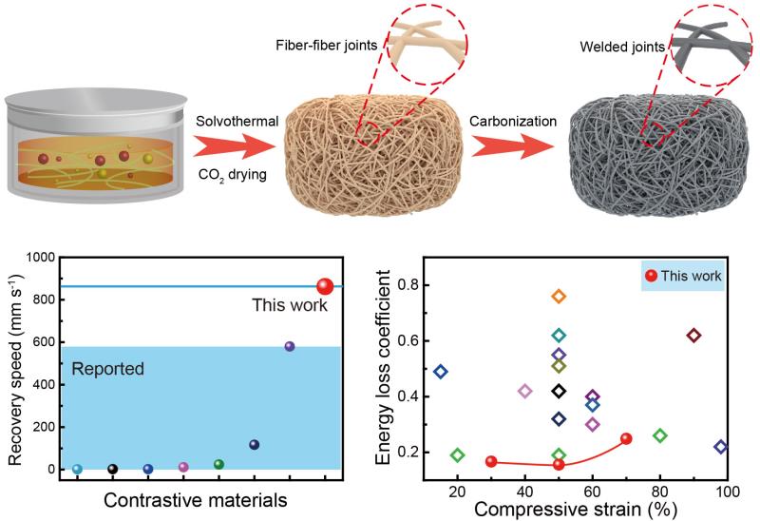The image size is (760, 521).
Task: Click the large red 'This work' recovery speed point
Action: (324, 286)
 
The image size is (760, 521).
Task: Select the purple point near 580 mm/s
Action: (290, 346)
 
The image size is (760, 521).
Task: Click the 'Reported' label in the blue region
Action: (107, 368)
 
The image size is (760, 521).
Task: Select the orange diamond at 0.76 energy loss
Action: (559, 296)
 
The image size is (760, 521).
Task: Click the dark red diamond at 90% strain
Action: (693, 336)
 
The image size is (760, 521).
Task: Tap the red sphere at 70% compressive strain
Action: (626, 438)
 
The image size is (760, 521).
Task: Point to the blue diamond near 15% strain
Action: (440, 372)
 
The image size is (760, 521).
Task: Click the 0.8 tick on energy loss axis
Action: (411, 284)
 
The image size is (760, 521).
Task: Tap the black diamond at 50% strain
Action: (559, 391)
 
